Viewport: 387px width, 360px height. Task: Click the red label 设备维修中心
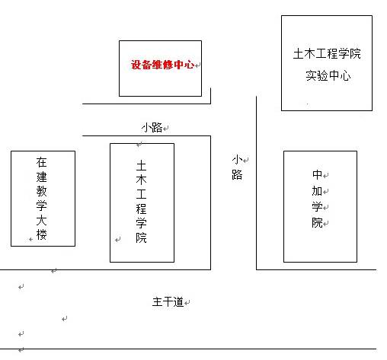click(163, 65)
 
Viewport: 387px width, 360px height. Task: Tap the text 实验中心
click(328, 75)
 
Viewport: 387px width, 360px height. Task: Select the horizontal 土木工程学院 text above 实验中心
click(327, 53)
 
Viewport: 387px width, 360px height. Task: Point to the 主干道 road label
click(168, 302)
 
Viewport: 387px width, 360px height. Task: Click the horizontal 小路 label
click(152, 127)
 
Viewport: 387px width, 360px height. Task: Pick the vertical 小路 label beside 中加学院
click(237, 167)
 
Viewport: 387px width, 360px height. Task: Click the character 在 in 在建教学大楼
click(42, 162)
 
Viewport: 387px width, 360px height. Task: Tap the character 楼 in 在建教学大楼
click(42, 234)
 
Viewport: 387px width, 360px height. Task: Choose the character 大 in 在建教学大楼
click(42, 220)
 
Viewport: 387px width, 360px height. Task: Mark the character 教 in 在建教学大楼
click(42, 191)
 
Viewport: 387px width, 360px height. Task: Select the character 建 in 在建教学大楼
click(42, 177)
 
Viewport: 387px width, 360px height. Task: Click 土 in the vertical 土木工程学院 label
click(141, 166)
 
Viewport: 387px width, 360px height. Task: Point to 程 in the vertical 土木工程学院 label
click(141, 209)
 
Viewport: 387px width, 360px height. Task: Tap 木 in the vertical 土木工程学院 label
click(141, 180)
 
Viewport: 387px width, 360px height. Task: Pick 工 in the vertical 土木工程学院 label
click(141, 195)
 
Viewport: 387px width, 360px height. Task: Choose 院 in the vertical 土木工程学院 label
click(141, 237)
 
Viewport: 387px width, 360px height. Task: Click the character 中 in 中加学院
click(317, 174)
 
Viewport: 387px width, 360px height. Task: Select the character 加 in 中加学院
click(317, 191)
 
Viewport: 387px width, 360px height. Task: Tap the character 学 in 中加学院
click(317, 207)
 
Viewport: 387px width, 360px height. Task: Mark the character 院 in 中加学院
click(317, 223)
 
